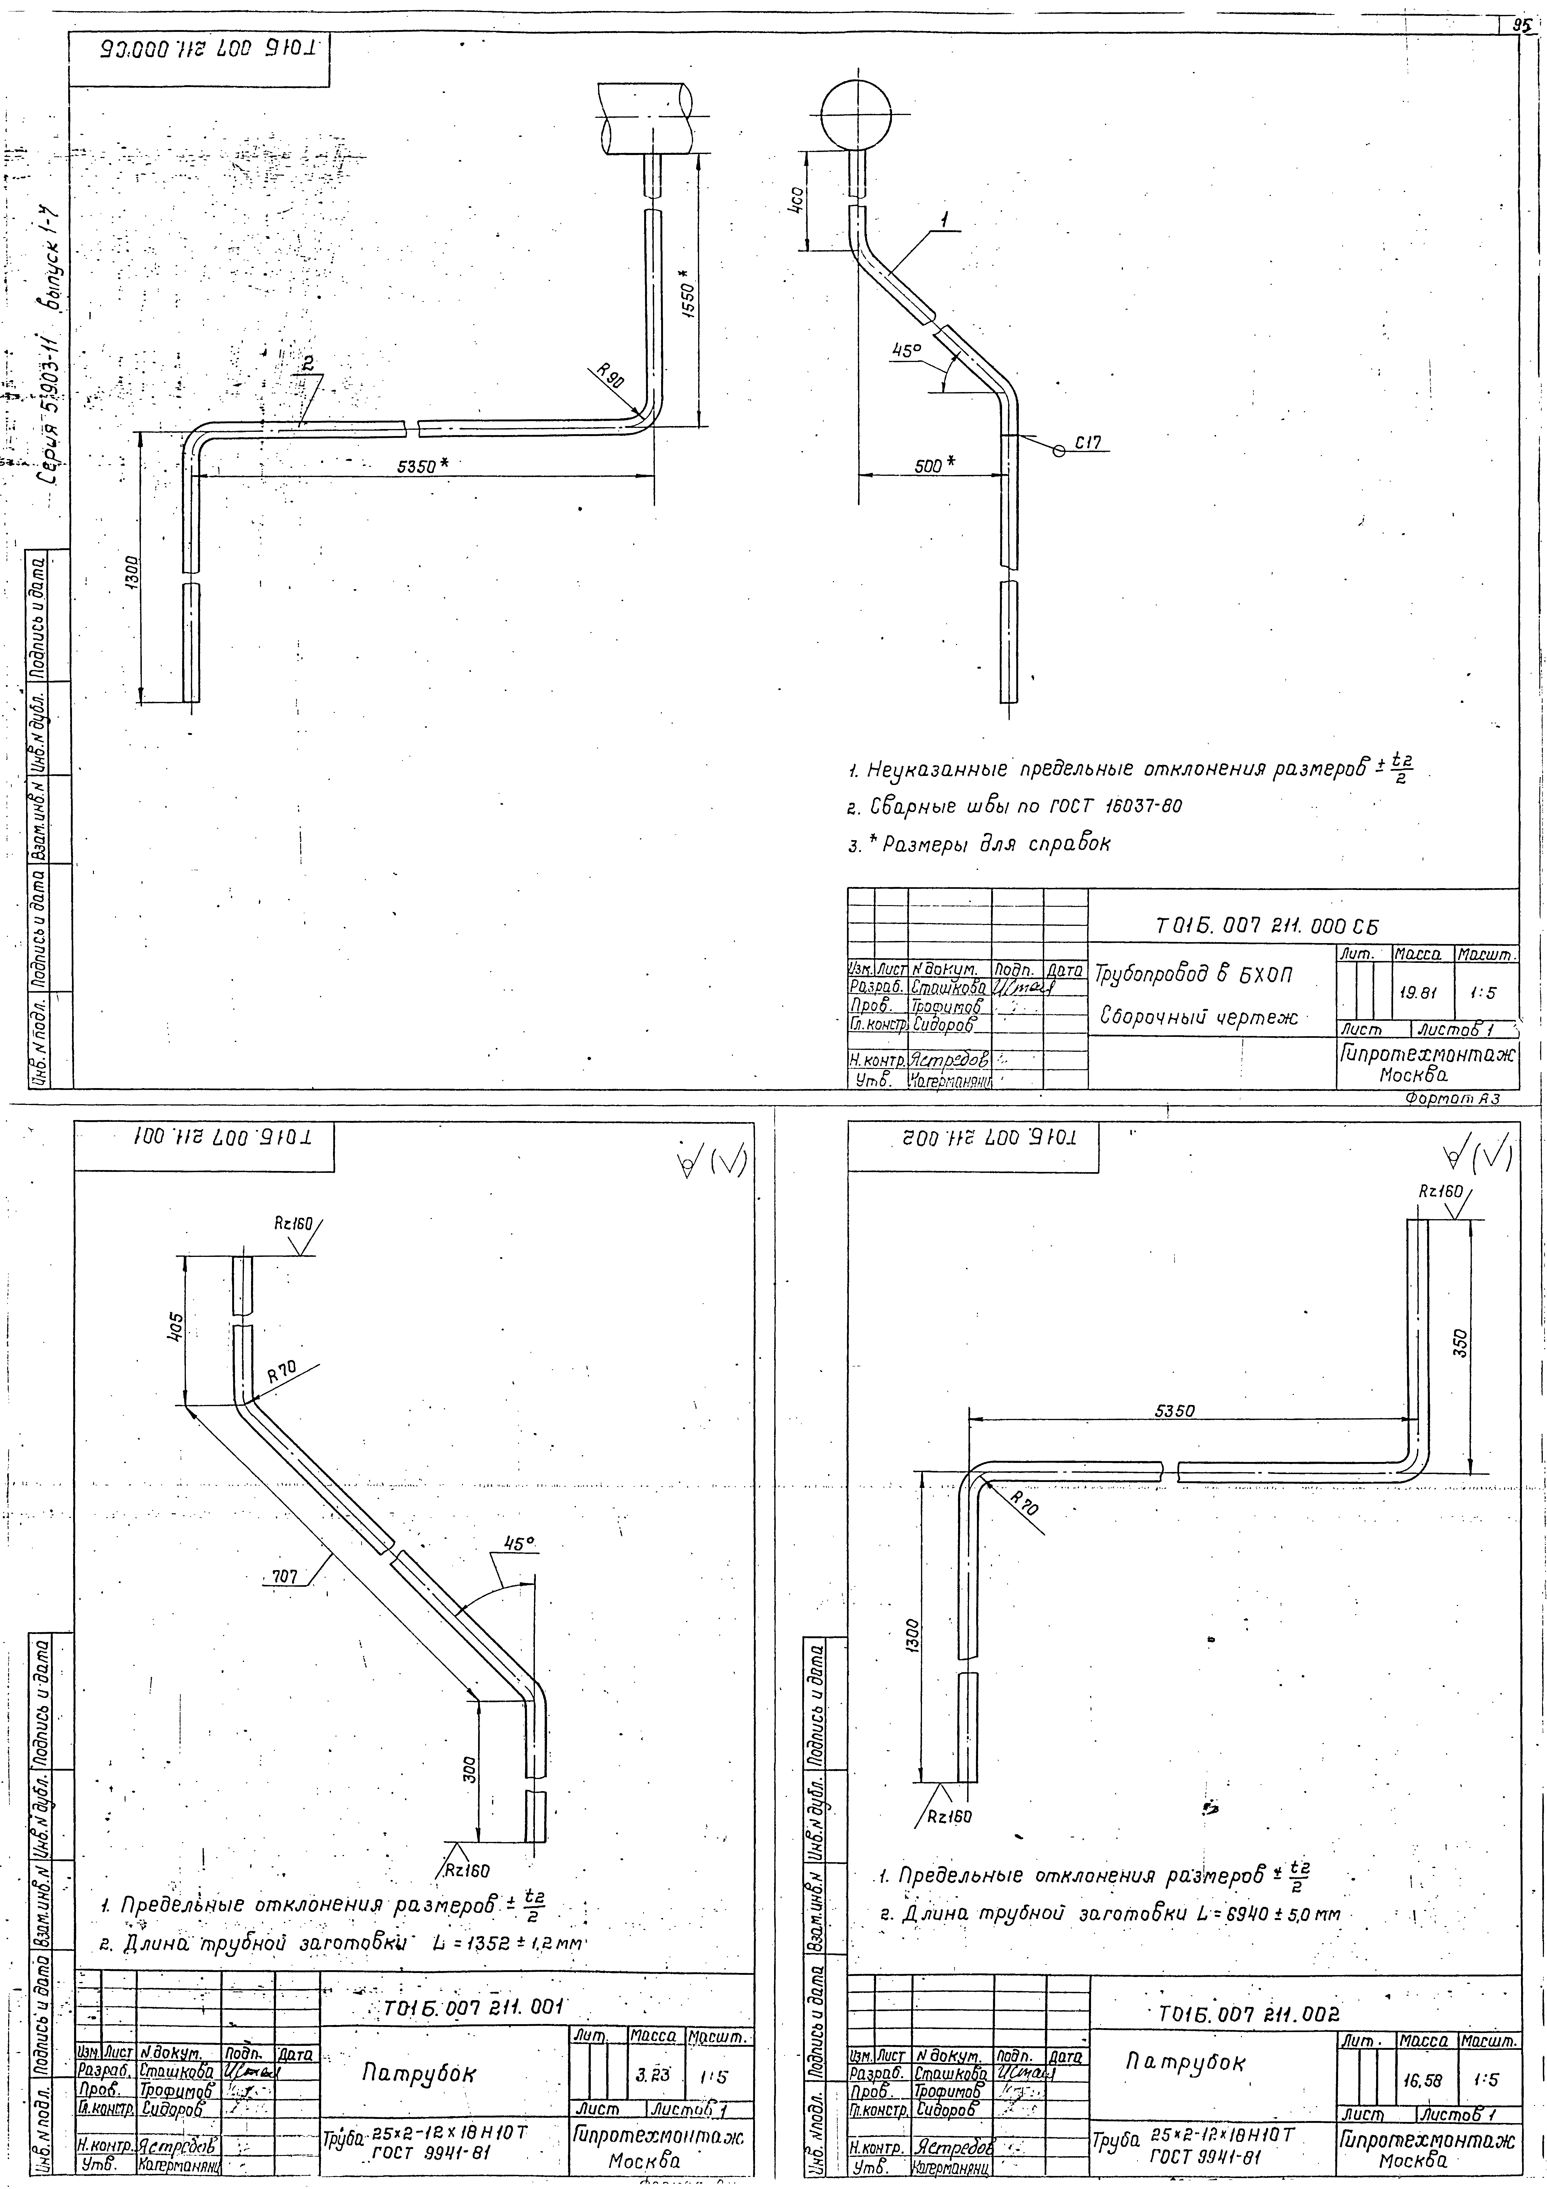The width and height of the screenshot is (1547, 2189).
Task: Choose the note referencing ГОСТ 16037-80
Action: [1016, 806]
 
